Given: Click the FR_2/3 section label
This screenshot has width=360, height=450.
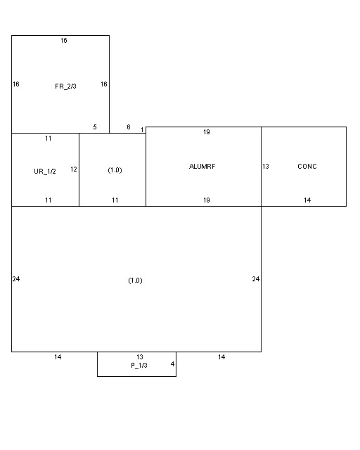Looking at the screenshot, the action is [65, 86].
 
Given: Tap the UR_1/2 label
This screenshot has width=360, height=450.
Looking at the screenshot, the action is [45, 172].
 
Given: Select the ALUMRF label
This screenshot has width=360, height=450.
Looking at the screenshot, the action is [202, 167].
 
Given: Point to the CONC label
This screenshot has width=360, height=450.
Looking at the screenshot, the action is [307, 167].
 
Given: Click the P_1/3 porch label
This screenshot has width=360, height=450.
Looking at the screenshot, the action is [139, 366].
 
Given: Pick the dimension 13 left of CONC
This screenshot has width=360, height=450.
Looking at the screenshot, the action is [266, 167].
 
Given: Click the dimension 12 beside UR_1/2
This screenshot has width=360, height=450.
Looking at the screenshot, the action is [74, 169].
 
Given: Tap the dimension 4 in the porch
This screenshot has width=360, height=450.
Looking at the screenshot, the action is [172, 364].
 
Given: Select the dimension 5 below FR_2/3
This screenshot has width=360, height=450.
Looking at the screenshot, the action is [95, 127].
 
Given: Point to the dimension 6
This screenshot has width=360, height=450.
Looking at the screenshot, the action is [129, 127].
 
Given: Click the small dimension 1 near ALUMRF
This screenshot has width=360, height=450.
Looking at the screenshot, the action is [142, 129].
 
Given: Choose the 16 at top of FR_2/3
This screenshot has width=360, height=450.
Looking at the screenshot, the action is [64, 41].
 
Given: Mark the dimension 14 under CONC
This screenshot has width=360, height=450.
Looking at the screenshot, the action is [307, 200].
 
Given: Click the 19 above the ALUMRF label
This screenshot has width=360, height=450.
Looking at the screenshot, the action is [207, 132].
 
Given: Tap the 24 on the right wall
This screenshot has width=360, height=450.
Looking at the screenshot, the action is [256, 278].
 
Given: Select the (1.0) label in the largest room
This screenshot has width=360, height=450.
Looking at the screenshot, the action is [135, 281].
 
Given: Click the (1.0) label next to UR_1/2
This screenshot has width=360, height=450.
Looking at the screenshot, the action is [115, 170].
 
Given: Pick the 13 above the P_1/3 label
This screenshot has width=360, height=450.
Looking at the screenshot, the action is [140, 356].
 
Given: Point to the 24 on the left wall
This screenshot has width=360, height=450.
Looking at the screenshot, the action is [16, 278].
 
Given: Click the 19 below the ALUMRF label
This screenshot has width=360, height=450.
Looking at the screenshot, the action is [207, 200].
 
